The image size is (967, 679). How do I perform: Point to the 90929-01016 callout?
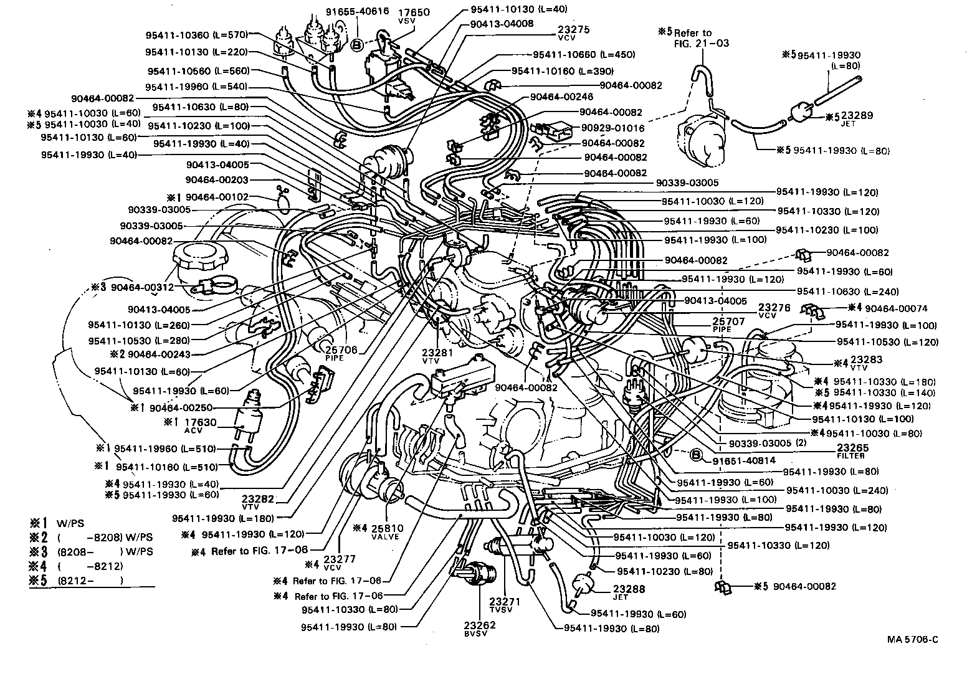(x=613, y=128)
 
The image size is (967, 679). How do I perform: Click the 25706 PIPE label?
(x=341, y=353)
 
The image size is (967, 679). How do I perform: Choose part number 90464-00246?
(x=561, y=97)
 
